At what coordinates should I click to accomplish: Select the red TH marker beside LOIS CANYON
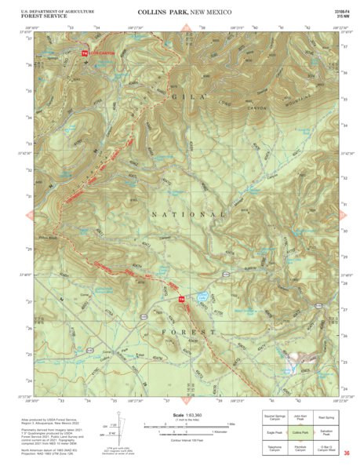coord(85,53)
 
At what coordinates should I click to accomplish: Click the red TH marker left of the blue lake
coord(181,299)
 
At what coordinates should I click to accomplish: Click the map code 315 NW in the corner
coord(342,16)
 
